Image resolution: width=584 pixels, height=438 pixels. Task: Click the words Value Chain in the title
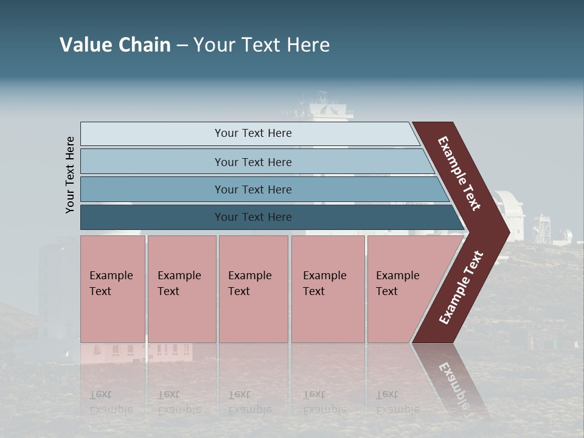(x=115, y=45)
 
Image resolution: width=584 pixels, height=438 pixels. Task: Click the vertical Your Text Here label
(x=70, y=175)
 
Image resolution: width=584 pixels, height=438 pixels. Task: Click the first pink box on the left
(x=113, y=289)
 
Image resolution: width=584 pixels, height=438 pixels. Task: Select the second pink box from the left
(x=182, y=289)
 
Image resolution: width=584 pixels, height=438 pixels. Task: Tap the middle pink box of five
(x=253, y=289)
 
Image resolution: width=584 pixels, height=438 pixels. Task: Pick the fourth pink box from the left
(x=328, y=289)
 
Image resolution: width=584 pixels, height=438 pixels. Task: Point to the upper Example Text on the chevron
(x=460, y=174)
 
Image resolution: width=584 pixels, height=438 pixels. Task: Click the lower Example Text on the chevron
(x=461, y=288)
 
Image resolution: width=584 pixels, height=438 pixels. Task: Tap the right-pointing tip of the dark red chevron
(x=506, y=232)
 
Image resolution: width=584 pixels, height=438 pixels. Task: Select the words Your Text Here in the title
(x=262, y=45)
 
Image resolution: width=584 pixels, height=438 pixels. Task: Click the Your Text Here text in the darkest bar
(x=253, y=217)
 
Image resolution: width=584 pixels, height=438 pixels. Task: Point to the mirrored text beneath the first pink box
(x=111, y=402)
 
